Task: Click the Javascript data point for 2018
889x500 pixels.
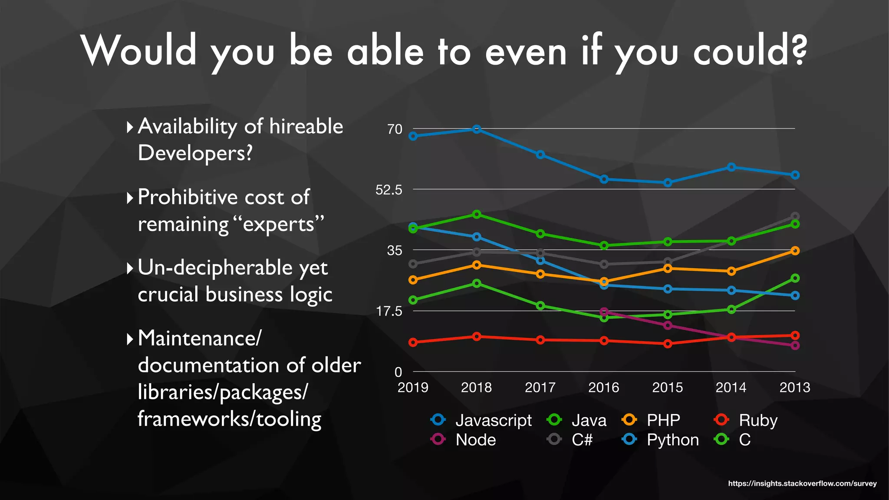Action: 477,129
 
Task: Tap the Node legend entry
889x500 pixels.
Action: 464,440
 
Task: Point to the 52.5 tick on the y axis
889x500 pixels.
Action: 389,190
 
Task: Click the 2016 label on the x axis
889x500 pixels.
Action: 603,387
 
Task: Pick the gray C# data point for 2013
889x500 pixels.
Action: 795,216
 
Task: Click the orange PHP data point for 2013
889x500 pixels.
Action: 795,251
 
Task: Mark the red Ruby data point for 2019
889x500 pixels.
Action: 413,342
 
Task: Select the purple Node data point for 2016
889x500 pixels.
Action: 604,312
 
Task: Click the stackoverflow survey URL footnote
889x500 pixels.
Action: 802,484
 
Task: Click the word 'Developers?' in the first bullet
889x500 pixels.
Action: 195,153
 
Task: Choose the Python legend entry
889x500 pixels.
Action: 661,440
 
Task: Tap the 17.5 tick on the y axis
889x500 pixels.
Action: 389,311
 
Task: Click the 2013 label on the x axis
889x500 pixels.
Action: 794,387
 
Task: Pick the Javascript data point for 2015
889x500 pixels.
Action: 668,183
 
